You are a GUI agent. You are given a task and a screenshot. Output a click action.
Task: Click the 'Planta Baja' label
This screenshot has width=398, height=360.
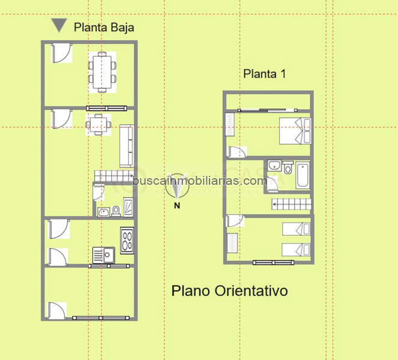(x=104, y=28)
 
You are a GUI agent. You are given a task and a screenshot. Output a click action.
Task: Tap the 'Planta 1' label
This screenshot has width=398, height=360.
(x=265, y=74)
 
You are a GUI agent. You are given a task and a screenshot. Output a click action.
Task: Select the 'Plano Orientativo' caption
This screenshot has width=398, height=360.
(x=229, y=291)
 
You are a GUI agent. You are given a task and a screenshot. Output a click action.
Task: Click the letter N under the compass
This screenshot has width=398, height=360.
(x=177, y=205)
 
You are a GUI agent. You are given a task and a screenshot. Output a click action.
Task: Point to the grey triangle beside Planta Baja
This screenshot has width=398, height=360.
(x=59, y=25)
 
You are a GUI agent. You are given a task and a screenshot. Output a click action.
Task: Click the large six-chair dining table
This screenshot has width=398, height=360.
(x=102, y=72)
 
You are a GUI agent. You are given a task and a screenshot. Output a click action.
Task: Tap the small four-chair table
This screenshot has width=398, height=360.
(x=98, y=125)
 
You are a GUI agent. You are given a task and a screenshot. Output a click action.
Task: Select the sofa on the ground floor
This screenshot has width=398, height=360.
(x=127, y=146)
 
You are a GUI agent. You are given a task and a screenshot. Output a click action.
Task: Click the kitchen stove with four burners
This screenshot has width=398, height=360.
(x=127, y=240)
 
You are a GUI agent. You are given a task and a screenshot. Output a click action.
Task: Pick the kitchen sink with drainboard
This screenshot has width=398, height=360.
(x=104, y=255)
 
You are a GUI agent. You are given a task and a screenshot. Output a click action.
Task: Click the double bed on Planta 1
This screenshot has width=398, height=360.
(x=295, y=131)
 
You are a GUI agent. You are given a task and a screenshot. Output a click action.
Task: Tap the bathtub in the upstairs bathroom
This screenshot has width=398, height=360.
(x=303, y=175)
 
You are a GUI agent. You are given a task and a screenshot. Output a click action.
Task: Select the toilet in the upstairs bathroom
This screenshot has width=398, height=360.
(x=288, y=167)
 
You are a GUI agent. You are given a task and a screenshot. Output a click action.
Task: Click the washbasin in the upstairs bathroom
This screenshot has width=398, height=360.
(x=274, y=166)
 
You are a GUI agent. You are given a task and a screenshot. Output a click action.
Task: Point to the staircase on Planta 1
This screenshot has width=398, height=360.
(x=292, y=204)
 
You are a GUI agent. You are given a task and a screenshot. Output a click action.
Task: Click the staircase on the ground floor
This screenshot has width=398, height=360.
(x=114, y=176)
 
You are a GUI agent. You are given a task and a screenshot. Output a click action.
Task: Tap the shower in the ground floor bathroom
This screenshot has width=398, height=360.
(x=128, y=207)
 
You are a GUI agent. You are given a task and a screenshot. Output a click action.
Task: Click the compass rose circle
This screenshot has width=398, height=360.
(x=177, y=186)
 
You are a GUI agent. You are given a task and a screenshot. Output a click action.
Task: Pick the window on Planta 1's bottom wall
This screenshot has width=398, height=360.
(x=274, y=262)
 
